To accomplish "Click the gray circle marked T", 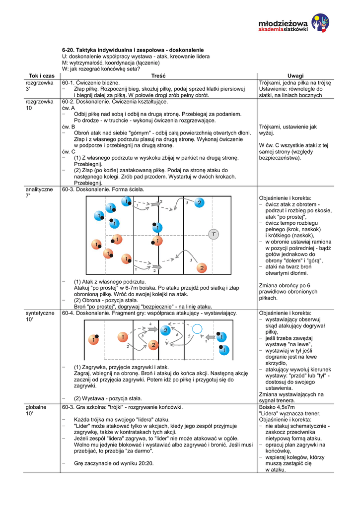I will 214,234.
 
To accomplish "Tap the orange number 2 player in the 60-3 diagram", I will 201,268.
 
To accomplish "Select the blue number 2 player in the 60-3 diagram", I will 199,202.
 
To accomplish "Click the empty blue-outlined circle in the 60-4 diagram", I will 197,328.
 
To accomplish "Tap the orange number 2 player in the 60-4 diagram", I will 153,344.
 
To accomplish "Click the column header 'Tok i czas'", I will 42,76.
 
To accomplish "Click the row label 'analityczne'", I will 40,190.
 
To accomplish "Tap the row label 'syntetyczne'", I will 40,313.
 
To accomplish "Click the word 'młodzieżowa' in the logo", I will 283,23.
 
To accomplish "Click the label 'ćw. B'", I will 68,127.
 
